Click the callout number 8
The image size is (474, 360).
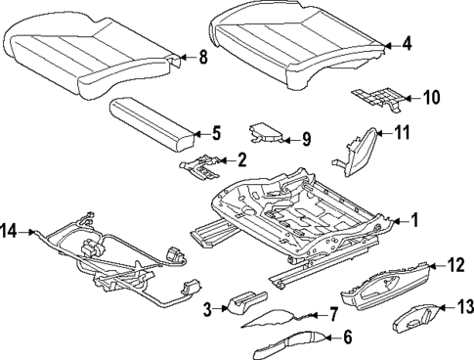click(x=203, y=57)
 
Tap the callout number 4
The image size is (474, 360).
click(x=408, y=43)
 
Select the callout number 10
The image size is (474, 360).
click(x=431, y=97)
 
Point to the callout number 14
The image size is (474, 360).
click(x=10, y=231)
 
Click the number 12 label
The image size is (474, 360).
click(x=455, y=263)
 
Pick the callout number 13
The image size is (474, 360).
click(x=465, y=307)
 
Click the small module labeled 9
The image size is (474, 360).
click(x=266, y=134)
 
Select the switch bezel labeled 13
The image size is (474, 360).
click(x=417, y=317)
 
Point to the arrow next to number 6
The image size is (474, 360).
click(x=328, y=337)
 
